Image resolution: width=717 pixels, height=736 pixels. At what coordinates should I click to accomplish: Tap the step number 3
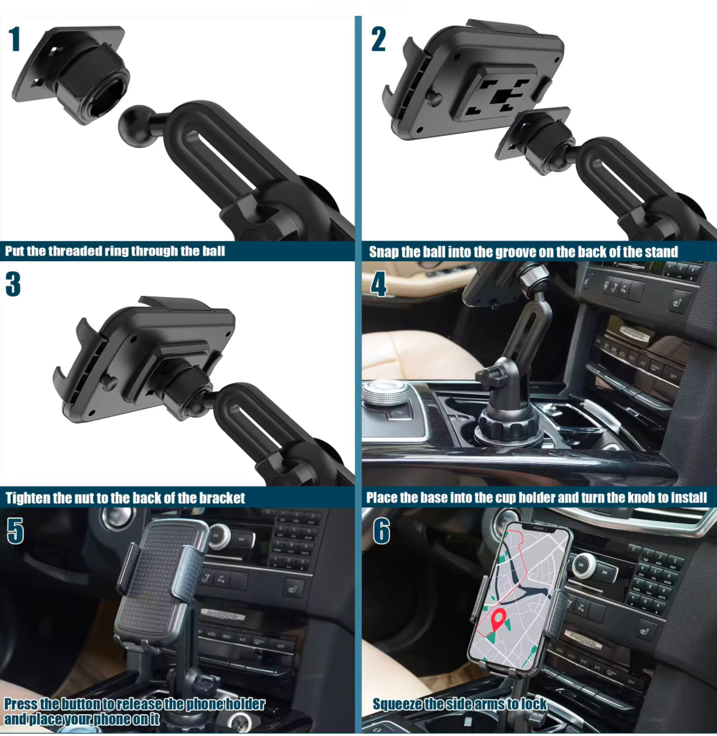click(13, 284)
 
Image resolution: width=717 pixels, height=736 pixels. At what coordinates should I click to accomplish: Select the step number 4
click(378, 284)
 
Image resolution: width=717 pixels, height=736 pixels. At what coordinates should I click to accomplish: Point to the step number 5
click(15, 531)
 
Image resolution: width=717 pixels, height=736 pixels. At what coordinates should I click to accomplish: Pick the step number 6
click(381, 531)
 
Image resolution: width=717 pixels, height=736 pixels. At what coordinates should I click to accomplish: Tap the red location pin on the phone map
click(498, 620)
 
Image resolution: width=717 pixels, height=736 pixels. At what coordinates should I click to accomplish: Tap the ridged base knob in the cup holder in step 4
click(508, 423)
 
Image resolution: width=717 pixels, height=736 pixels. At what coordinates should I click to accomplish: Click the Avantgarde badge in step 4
click(635, 334)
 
